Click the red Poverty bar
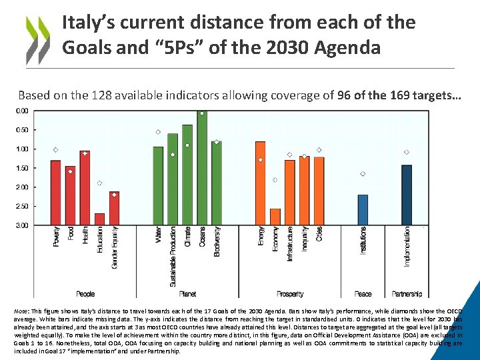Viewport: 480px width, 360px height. click(x=55, y=193)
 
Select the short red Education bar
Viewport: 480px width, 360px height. click(x=99, y=219)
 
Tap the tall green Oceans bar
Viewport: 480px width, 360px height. click(x=202, y=168)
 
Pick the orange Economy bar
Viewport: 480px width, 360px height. click(x=275, y=217)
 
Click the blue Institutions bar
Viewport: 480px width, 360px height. click(x=363, y=210)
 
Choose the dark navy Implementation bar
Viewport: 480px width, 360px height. click(x=407, y=195)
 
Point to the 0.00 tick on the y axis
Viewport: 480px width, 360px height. click(x=22, y=111)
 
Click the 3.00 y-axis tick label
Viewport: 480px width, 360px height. click(x=22, y=225)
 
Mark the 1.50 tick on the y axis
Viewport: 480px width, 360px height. click(x=22, y=168)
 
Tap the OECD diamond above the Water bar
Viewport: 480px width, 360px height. click(x=158, y=132)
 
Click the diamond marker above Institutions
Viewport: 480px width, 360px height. click(x=363, y=174)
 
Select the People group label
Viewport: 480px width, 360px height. click(x=85, y=293)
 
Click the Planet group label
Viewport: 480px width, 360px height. click(x=187, y=293)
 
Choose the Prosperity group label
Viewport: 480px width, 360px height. click(x=290, y=293)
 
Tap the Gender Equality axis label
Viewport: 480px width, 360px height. click(x=115, y=248)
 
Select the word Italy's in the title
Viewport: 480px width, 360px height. click(x=89, y=23)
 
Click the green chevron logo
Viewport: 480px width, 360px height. click(x=36, y=39)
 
